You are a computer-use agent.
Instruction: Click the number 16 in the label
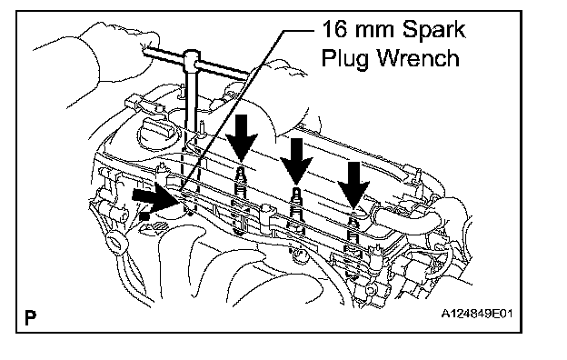(335, 29)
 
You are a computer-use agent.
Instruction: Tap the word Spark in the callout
(433, 29)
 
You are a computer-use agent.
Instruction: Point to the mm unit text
(375, 31)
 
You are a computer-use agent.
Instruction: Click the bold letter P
(30, 317)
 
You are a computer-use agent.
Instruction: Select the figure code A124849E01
(477, 314)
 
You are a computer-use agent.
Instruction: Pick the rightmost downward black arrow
(353, 185)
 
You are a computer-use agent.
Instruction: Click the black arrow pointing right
(156, 199)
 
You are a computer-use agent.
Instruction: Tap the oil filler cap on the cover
(156, 129)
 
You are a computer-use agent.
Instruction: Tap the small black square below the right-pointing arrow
(144, 216)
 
